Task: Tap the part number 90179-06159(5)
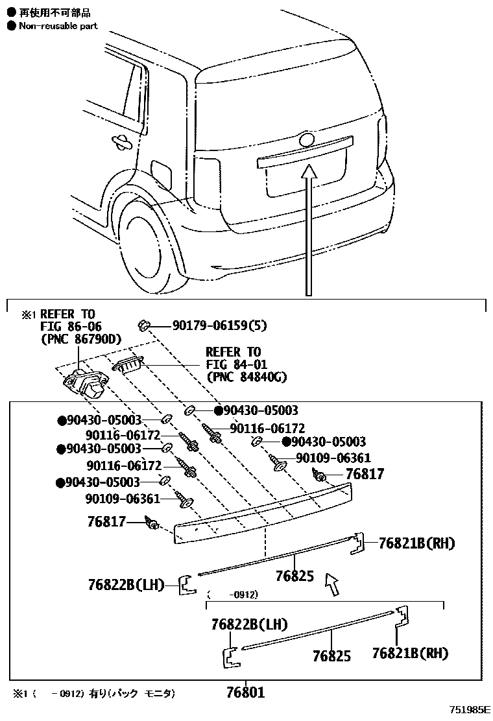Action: pyautogui.click(x=219, y=325)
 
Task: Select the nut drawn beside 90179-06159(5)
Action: pyautogui.click(x=145, y=324)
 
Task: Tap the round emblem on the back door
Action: pyautogui.click(x=306, y=139)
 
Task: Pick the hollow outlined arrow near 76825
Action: pyautogui.click(x=332, y=583)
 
